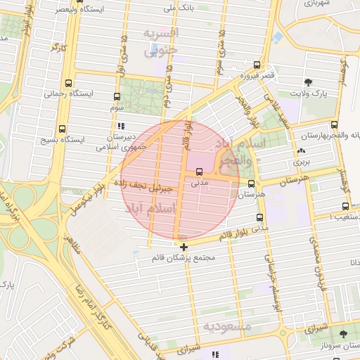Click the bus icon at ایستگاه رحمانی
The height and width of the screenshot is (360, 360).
click(x=67, y=83)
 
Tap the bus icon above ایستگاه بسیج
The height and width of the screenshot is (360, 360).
click(x=63, y=129)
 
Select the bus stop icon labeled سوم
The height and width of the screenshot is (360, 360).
click(x=117, y=96)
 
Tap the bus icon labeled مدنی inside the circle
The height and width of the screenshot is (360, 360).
click(x=199, y=172)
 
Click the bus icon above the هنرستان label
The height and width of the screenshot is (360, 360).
click(x=252, y=183)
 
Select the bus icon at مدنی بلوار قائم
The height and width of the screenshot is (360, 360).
click(x=260, y=219)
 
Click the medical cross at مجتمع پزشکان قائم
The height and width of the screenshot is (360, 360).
click(x=184, y=247)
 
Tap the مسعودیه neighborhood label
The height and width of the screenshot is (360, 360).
click(x=226, y=327)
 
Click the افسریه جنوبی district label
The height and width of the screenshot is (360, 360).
click(x=161, y=42)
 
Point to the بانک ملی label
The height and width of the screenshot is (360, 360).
click(x=179, y=8)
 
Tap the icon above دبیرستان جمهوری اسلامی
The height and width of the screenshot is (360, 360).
click(x=122, y=126)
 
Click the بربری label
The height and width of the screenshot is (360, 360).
click(x=301, y=162)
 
